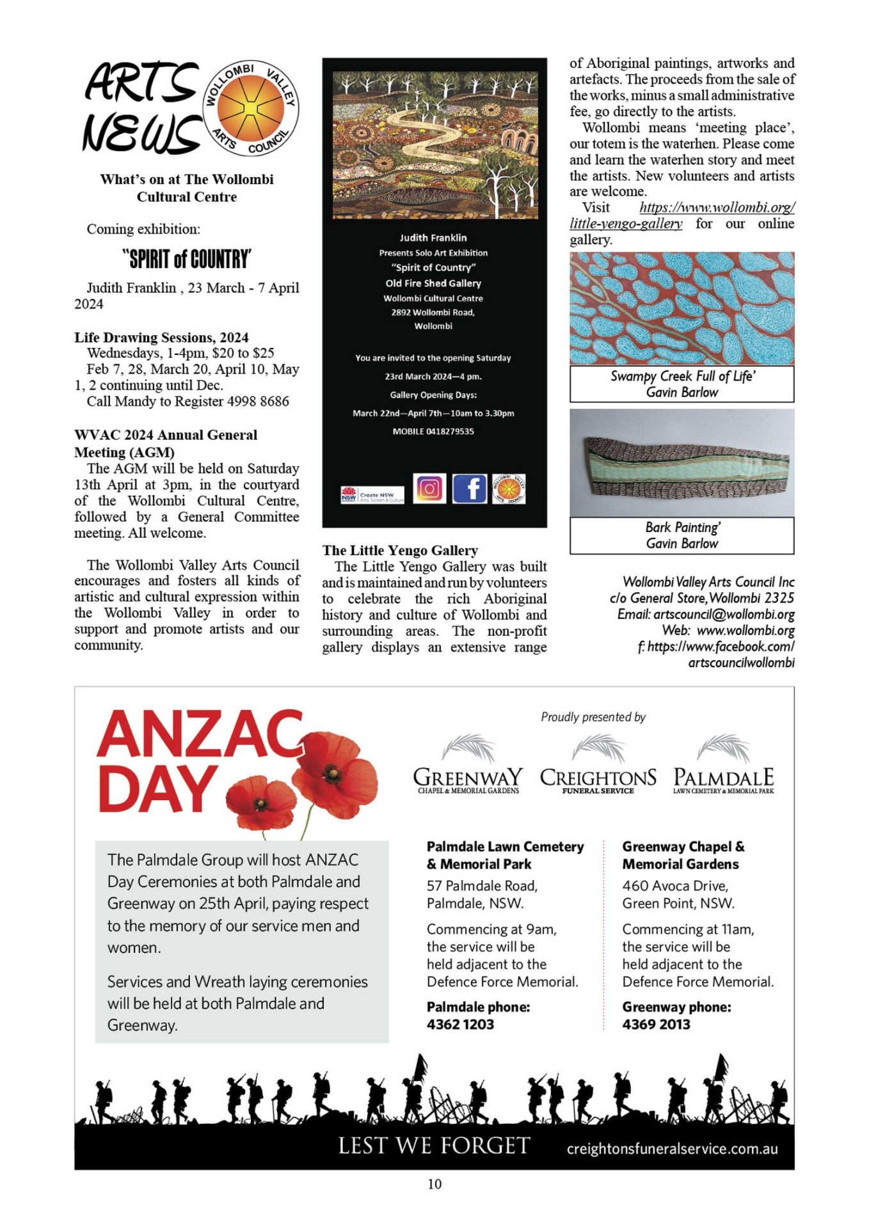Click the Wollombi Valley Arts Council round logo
(251, 108)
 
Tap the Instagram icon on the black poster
(429, 489)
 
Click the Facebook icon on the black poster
(470, 489)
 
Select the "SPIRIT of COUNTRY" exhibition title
(187, 259)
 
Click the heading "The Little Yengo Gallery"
(400, 550)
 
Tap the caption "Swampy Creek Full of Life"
(682, 376)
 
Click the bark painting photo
(682, 463)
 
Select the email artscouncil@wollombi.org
(724, 614)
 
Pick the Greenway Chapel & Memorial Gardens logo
(468, 765)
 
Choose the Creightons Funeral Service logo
(598, 765)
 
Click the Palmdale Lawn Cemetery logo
(723, 765)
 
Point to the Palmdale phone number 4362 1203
(460, 1024)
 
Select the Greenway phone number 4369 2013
(656, 1024)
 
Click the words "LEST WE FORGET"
(434, 1145)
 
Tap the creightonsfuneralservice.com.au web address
(672, 1149)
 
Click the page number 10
(434, 1184)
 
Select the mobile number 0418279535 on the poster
(433, 431)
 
